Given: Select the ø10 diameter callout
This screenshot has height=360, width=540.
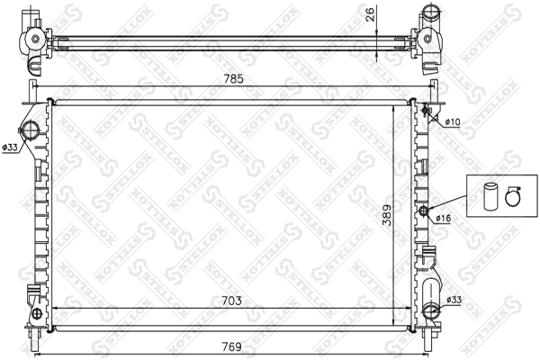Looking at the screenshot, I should click(x=451, y=121).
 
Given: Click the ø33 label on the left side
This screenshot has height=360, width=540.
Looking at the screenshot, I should click(x=10, y=148).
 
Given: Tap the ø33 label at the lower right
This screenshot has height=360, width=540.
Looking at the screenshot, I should click(x=454, y=300).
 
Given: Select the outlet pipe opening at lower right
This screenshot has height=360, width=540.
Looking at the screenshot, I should click(x=429, y=315).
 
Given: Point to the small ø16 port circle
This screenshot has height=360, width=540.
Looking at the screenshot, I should click(x=423, y=211).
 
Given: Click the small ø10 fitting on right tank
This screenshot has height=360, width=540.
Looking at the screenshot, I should click(x=425, y=112).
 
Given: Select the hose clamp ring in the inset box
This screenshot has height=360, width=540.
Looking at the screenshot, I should click(x=514, y=193).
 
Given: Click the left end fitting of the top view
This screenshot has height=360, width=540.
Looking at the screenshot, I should click(x=34, y=40).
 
